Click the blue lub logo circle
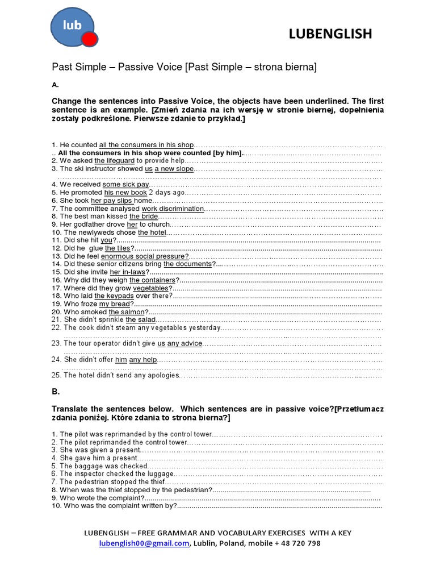pyautogui.click(x=72, y=27)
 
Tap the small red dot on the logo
pyautogui.click(x=90, y=39)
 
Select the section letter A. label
pyautogui.click(x=55, y=85)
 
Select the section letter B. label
pyautogui.click(x=56, y=392)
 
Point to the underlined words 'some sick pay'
pyautogui.click(x=125, y=185)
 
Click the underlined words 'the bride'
pyautogui.click(x=144, y=217)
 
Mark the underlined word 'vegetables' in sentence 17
pyautogui.click(x=152, y=288)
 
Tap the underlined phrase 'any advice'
pyautogui.click(x=185, y=343)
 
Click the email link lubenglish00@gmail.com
pyautogui.click(x=144, y=543)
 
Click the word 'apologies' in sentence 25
pyautogui.click(x=163, y=375)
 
